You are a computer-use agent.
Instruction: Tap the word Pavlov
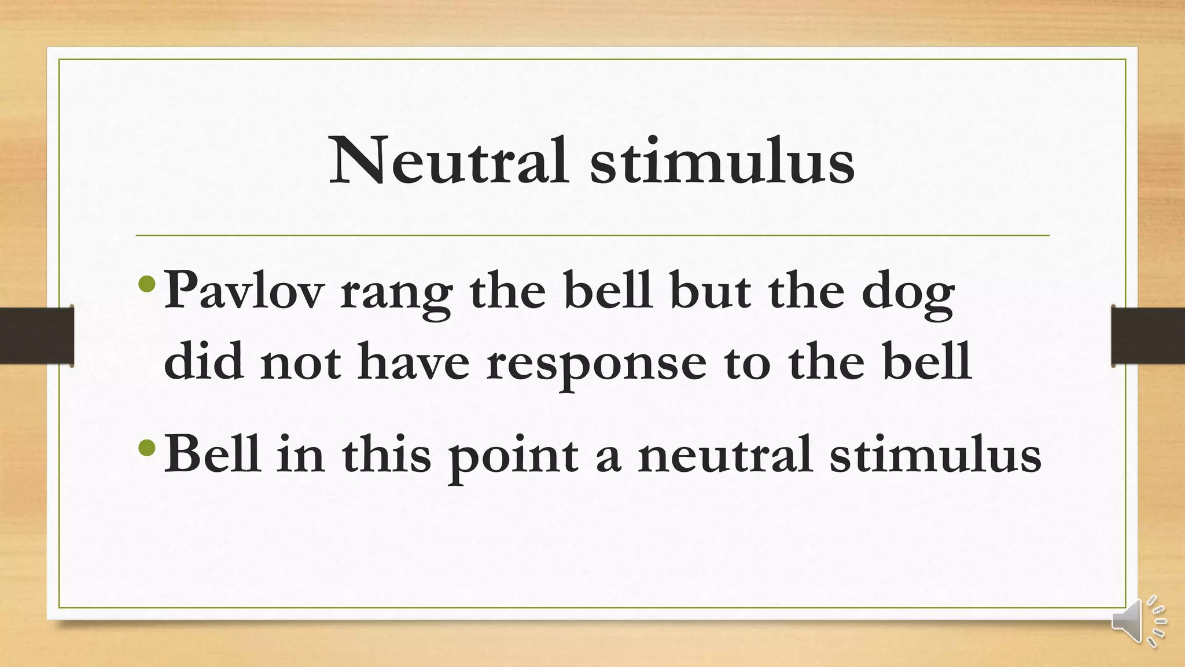[x=244, y=291]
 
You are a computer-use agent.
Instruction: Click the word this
[x=387, y=454]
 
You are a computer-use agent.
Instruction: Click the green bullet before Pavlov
[x=148, y=284]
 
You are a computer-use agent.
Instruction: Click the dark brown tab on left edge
[x=36, y=336]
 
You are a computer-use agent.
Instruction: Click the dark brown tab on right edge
[x=1148, y=336]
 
